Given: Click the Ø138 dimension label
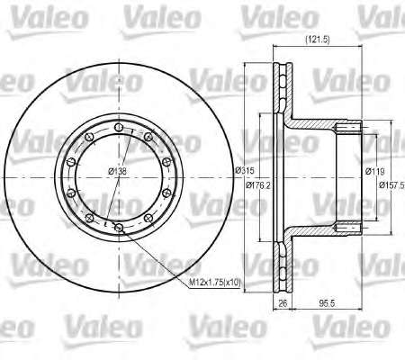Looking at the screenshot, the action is [x=117, y=171].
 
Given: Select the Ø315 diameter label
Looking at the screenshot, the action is [x=244, y=170].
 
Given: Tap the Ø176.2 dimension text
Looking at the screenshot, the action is [x=258, y=185].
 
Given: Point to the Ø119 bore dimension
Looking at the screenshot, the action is [x=375, y=171].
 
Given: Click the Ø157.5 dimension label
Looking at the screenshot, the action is [x=391, y=185].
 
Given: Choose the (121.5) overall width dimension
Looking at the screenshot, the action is [x=318, y=40].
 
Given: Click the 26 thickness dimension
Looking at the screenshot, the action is [x=283, y=303].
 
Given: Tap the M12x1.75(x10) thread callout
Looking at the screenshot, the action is [x=214, y=282].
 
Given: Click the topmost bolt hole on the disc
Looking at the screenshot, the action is [x=119, y=128].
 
